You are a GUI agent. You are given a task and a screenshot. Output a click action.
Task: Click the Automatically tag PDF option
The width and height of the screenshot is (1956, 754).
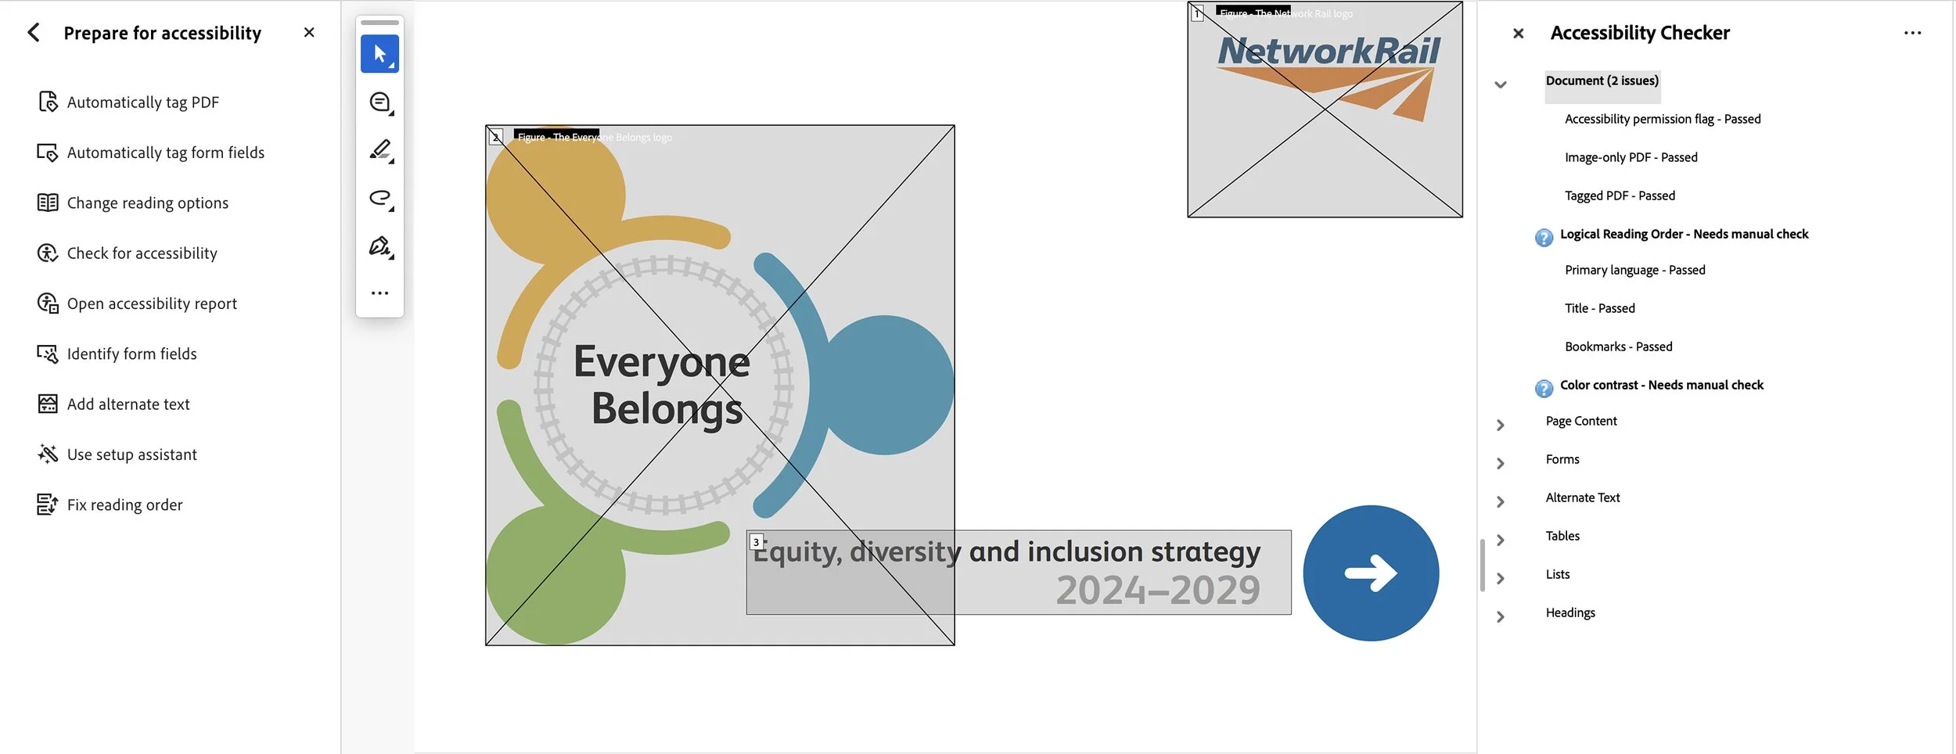142,102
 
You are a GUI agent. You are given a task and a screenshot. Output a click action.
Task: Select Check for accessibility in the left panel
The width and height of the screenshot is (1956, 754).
142,253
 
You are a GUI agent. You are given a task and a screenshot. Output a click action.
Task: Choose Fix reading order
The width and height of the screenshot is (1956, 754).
124,505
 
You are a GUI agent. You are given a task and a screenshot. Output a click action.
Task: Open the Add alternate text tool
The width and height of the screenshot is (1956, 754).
128,404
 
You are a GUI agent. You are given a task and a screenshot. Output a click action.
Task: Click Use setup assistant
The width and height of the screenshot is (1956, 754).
131,454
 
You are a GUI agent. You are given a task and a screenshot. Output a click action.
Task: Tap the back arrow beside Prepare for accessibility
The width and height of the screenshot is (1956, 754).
34,33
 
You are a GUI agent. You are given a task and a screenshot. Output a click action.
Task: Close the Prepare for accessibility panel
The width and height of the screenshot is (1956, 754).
309,33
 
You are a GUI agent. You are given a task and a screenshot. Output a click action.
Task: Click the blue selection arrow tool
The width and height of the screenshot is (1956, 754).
379,54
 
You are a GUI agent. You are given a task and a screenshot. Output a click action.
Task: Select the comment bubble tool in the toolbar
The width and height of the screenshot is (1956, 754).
379,102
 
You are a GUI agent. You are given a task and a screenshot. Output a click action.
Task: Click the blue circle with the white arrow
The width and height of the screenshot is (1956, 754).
1371,573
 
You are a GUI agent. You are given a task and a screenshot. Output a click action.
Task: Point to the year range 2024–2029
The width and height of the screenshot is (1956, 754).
1157,591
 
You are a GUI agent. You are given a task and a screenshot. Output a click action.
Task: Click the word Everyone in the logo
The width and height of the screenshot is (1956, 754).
661,362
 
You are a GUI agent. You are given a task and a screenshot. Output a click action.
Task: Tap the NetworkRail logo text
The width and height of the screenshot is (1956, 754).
1329,52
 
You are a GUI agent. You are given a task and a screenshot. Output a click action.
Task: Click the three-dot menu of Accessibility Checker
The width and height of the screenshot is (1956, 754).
1912,33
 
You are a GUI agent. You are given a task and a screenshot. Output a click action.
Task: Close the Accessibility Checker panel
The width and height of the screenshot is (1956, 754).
1518,34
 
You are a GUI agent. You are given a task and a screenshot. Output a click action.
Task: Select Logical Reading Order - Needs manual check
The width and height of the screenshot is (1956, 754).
1684,235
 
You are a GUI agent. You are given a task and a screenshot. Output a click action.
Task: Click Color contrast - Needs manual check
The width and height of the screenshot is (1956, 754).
1661,386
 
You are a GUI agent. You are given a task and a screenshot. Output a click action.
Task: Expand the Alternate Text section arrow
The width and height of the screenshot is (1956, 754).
1500,502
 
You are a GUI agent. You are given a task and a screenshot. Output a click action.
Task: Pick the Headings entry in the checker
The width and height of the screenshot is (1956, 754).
1569,613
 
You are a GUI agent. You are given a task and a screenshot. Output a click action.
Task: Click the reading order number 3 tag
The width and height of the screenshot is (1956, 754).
756,542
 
